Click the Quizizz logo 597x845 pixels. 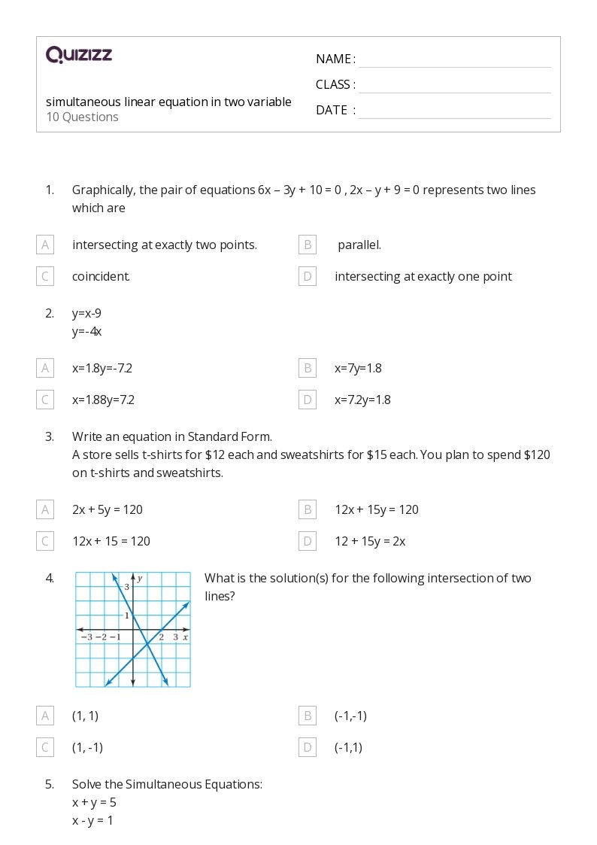(x=79, y=54)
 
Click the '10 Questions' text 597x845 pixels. (x=82, y=117)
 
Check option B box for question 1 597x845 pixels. (x=307, y=245)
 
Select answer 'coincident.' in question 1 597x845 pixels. (x=101, y=276)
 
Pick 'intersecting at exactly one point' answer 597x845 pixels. (x=423, y=276)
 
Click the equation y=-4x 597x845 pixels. (x=86, y=331)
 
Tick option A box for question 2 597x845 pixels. (x=45, y=368)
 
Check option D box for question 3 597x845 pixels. (x=307, y=541)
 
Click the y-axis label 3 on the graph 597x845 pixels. (x=127, y=587)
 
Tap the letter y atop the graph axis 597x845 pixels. (x=140, y=578)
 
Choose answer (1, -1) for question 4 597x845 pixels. (x=87, y=747)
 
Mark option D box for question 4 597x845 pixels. (x=307, y=747)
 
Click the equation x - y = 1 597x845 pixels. (x=92, y=820)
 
